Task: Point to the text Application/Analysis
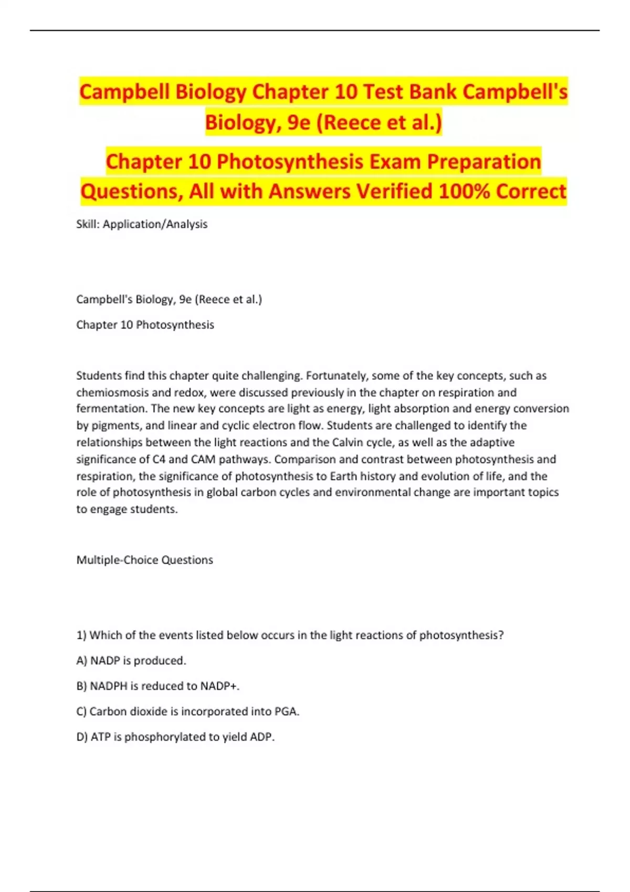[x=155, y=224]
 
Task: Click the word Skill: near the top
[x=88, y=224]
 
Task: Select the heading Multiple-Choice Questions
[x=144, y=560]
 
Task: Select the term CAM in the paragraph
[x=203, y=459]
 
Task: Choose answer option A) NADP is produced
[x=131, y=661]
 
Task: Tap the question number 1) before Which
[x=81, y=635]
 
